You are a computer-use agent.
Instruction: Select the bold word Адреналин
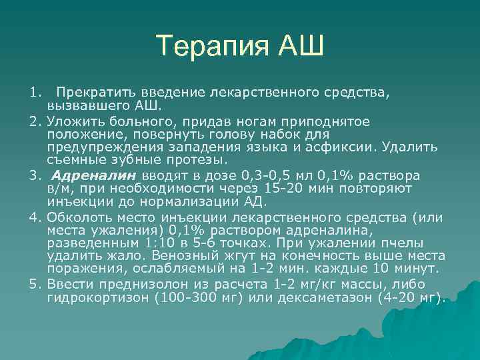[x=94, y=176]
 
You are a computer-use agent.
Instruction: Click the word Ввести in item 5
[x=67, y=285]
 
